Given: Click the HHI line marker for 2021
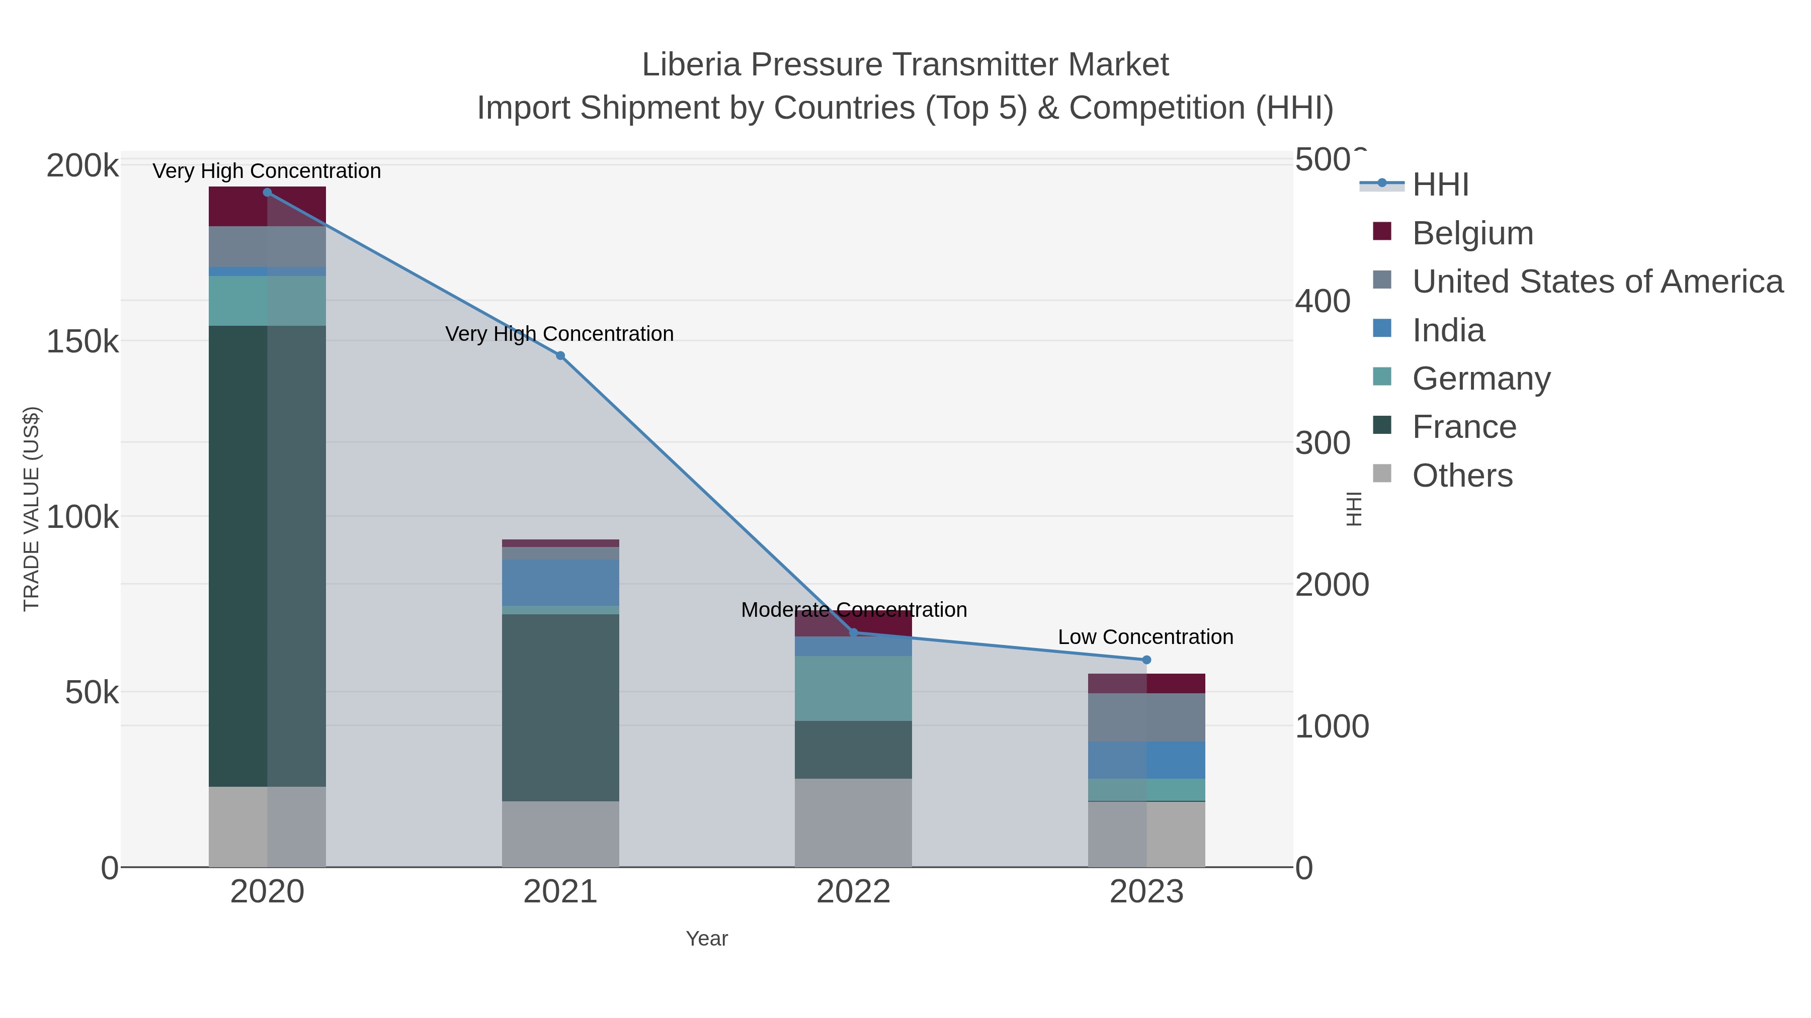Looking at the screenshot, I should coord(560,355).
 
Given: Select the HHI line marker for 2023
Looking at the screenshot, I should coord(1146,660).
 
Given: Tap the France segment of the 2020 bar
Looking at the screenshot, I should coord(267,555).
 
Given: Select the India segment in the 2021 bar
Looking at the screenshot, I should coord(560,583).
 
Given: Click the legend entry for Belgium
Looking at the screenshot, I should coord(1472,233).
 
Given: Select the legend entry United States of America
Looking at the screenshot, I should coord(1597,282).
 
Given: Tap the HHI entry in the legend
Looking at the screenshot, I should coord(1440,185).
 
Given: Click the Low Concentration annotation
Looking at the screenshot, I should coord(1145,637).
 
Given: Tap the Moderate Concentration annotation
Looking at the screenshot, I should coord(854,610).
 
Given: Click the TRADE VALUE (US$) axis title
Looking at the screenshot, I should coord(32,509).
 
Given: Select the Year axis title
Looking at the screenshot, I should coord(707,939).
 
